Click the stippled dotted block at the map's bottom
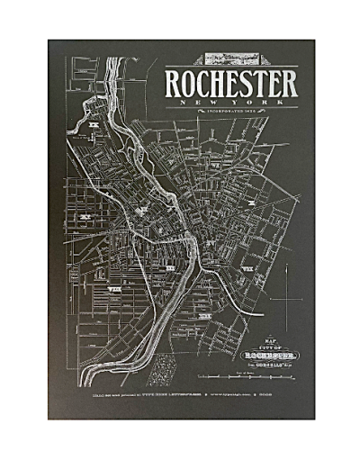[x=163, y=367]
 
